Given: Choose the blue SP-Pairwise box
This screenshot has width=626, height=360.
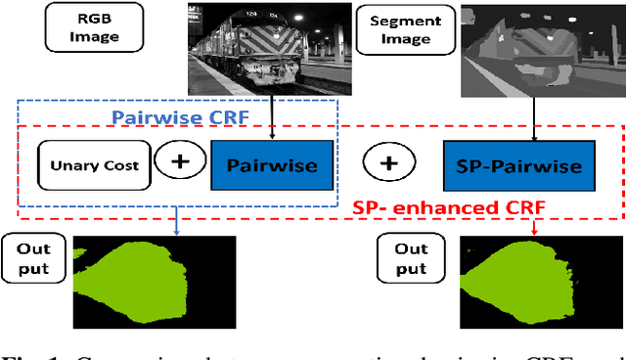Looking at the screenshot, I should [519, 165].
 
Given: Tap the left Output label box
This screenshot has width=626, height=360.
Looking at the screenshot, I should [32, 258].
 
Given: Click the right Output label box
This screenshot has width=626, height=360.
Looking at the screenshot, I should [411, 258].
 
